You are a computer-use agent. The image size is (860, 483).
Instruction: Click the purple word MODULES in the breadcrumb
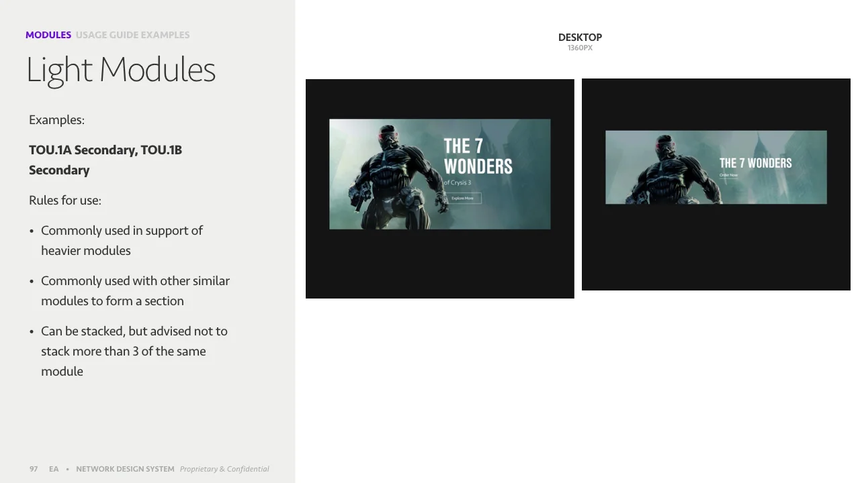[x=48, y=35]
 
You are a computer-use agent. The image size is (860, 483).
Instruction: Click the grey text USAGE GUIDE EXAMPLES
[x=132, y=35]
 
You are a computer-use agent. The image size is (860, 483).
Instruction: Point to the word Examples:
[x=56, y=120]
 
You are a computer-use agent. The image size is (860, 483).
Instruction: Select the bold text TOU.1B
[x=161, y=150]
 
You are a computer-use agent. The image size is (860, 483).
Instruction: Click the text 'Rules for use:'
[x=65, y=200]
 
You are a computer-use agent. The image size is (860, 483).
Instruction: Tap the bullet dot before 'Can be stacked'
[x=32, y=331]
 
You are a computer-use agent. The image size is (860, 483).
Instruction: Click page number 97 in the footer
[x=34, y=469]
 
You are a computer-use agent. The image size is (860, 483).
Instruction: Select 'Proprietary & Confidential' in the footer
[x=224, y=469]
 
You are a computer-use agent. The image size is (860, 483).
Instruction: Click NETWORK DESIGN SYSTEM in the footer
[x=125, y=469]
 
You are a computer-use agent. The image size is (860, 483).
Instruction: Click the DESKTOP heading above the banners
[x=580, y=38]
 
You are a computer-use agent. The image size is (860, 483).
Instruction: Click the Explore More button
[x=463, y=198]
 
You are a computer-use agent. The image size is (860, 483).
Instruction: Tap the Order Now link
[x=728, y=175]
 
